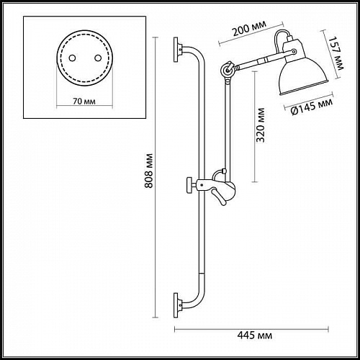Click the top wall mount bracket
tap(176, 50)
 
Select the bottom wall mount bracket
tap(176, 302)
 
